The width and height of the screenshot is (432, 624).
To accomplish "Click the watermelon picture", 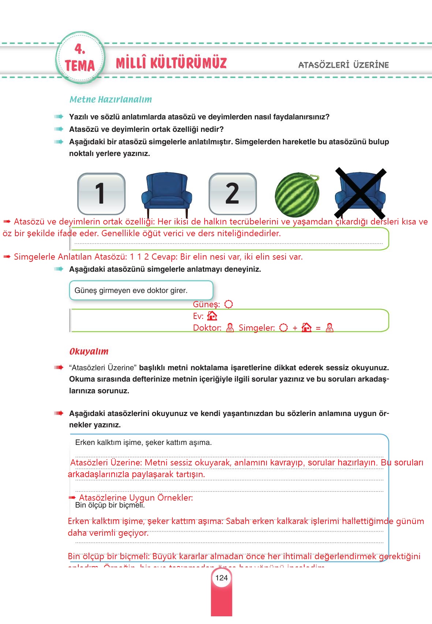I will (x=297, y=195).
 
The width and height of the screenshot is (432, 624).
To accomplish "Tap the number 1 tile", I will (x=101, y=194).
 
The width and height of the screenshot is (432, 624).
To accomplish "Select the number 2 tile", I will (x=232, y=194).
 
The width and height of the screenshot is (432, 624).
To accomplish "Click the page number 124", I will (x=221, y=578).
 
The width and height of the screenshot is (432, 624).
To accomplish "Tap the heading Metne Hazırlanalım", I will (x=111, y=100).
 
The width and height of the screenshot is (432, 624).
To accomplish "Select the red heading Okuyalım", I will (x=89, y=352).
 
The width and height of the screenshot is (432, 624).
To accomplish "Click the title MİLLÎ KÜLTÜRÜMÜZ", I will (x=171, y=63).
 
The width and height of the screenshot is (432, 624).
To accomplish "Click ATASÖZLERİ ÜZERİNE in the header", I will (x=343, y=65).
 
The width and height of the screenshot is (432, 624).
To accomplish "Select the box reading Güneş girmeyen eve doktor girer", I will (x=141, y=290).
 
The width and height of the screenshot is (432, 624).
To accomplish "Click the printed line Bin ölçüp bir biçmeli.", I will (x=110, y=505).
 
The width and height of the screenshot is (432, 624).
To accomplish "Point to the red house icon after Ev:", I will (x=212, y=316).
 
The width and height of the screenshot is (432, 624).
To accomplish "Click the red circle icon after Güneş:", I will (x=228, y=304).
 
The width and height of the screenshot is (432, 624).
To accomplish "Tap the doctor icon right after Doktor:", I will (x=230, y=328).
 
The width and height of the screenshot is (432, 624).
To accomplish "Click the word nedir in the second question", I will (x=215, y=129).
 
